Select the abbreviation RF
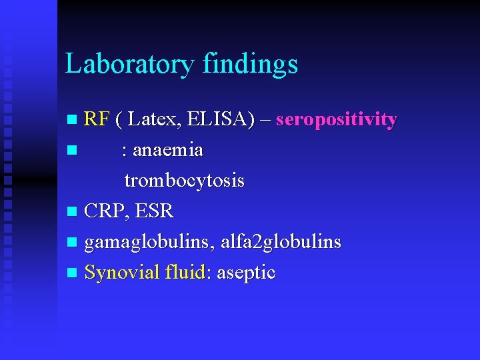(x=97, y=120)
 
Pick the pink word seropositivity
(x=336, y=120)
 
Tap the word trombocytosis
(x=184, y=181)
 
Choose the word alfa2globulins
(x=281, y=242)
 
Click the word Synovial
(x=122, y=272)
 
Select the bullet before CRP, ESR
(x=73, y=213)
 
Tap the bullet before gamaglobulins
(x=73, y=243)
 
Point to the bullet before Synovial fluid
(x=73, y=273)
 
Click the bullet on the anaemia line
(x=73, y=151)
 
